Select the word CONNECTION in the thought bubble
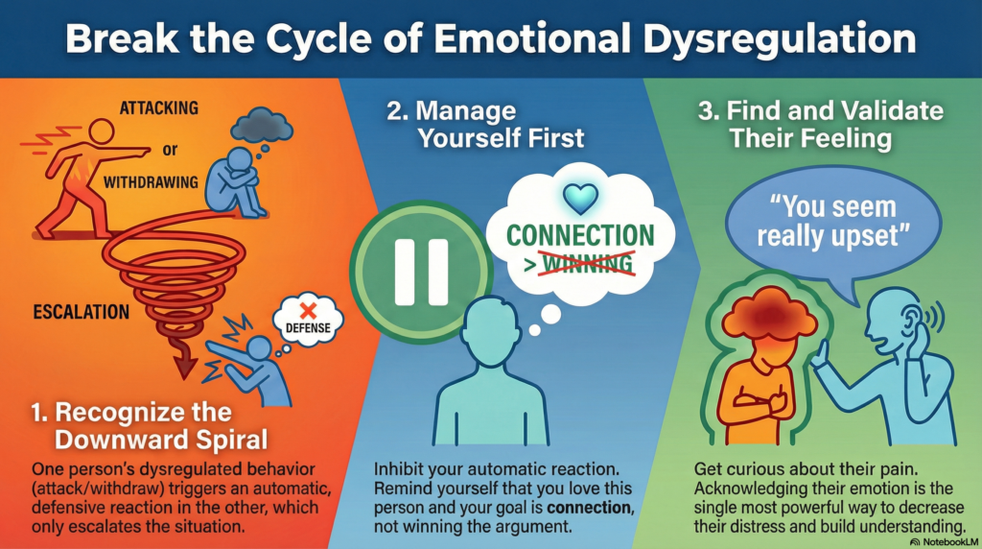pyautogui.click(x=579, y=234)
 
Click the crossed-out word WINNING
pyautogui.click(x=587, y=261)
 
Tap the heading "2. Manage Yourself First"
pyautogui.click(x=485, y=122)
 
